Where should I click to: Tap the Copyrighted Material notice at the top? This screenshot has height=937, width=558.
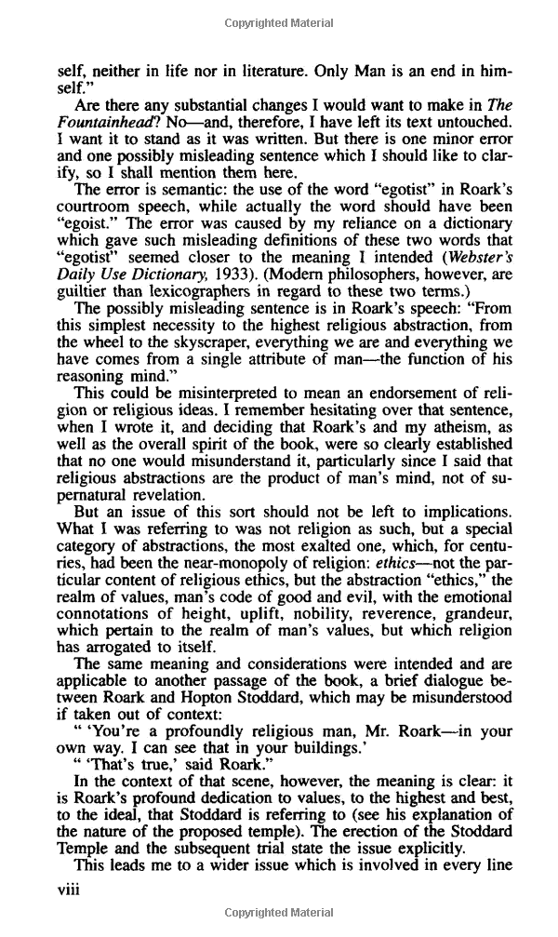279,21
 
